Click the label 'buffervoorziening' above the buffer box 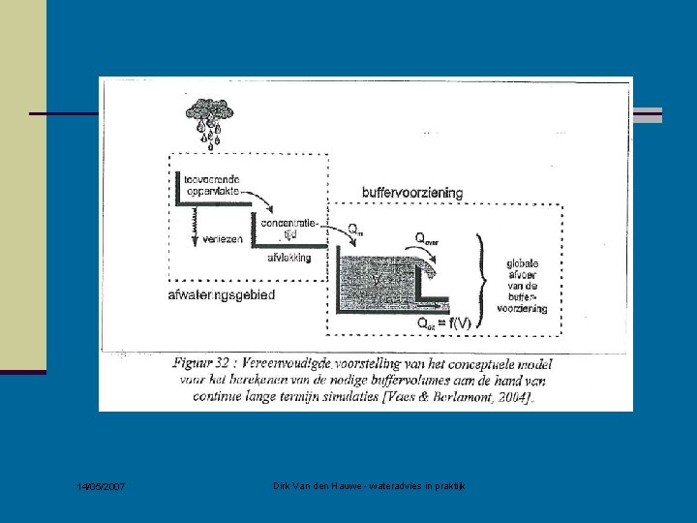411,193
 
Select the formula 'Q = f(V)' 443,323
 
